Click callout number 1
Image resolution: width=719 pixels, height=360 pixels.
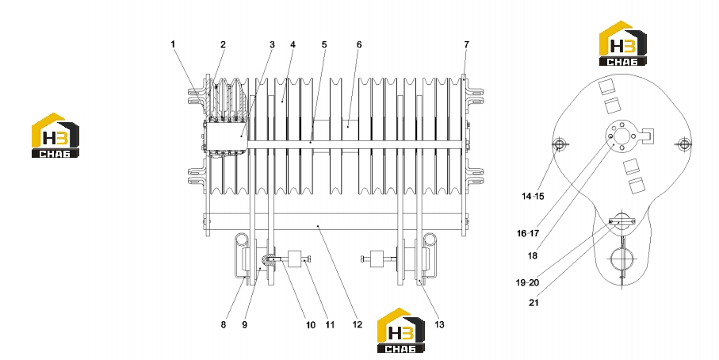click(173, 44)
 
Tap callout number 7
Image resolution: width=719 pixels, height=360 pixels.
click(466, 44)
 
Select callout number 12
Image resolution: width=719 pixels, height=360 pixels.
click(358, 324)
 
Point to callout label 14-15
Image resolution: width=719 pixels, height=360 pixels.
click(533, 197)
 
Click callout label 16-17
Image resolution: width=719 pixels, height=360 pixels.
click(528, 233)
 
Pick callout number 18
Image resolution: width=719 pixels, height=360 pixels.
click(533, 256)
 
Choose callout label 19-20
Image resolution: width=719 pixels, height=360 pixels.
click(527, 283)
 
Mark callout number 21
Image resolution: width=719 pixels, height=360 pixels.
click(534, 303)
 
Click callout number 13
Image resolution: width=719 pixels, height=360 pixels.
click(439, 324)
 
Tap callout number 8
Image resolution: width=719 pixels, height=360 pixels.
click(224, 324)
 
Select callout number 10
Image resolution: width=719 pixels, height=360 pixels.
click(311, 325)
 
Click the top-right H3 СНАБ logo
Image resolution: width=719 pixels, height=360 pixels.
click(623, 43)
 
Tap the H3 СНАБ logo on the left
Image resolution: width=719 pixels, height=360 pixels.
click(55, 136)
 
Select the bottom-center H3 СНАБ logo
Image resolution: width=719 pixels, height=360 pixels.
click(401, 330)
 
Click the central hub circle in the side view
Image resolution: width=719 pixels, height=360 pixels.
click(621, 136)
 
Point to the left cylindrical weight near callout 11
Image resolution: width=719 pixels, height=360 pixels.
click(293, 259)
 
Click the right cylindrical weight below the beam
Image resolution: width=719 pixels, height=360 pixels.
click(377, 259)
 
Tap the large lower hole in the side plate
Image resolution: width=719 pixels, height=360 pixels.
click(621, 259)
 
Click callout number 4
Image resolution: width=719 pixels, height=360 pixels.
click(293, 44)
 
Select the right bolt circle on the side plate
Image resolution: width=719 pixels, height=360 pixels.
click(683, 144)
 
